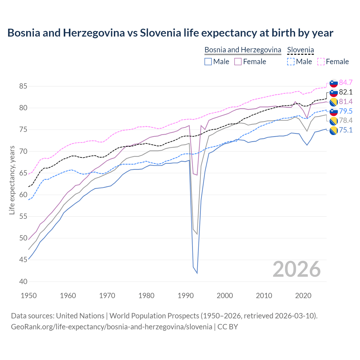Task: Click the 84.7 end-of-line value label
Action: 346,82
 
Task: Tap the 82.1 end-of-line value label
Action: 346,92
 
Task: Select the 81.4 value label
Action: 346,102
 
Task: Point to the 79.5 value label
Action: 346,111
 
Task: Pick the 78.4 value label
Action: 346,120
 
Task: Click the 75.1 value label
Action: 346,130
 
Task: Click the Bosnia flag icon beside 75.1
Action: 334,130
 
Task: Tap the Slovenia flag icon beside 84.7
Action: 334,83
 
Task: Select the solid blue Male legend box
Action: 208,62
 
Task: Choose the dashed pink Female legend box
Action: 321,62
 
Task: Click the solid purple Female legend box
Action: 238,62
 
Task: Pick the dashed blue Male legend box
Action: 291,62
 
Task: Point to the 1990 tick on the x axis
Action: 186,296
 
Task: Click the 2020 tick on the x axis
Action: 303,296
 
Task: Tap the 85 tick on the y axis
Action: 23,86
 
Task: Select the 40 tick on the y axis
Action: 23,282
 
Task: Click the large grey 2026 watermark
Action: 297,269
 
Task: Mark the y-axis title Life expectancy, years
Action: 12,180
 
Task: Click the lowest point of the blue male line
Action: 197,273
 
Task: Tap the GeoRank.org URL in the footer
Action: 112,327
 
